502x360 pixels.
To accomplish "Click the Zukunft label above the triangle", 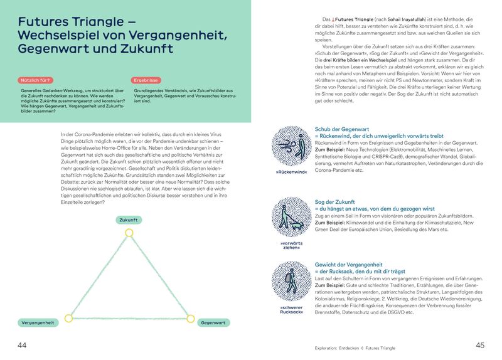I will [x=129, y=220].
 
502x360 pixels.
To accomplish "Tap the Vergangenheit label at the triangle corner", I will [x=39, y=322].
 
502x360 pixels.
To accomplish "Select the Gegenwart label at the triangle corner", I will [x=214, y=322].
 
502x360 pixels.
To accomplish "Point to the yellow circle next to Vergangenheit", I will [x=69, y=318].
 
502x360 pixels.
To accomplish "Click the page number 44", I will [x=22, y=346].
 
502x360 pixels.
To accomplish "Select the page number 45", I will [x=480, y=346].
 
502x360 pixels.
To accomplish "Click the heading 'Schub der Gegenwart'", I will [x=342, y=129].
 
